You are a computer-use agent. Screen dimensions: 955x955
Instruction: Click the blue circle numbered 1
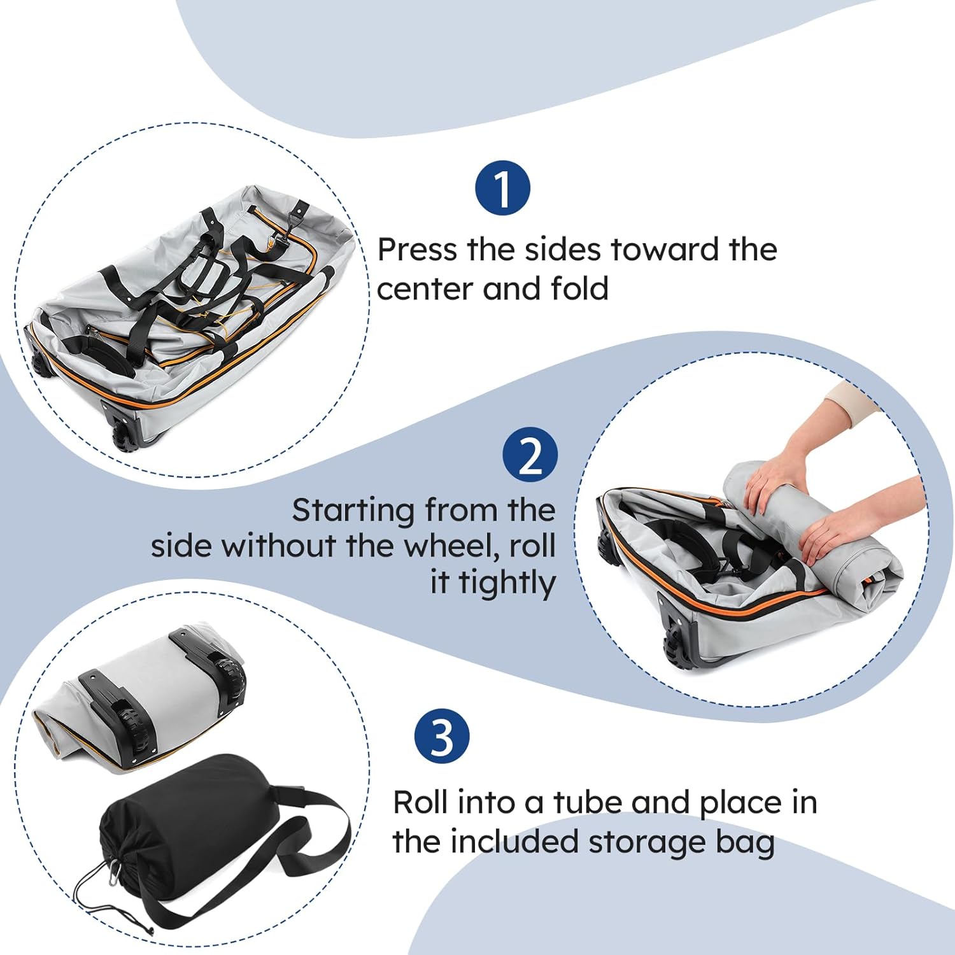pyautogui.click(x=502, y=188)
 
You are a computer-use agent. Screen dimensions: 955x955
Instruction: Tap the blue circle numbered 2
pyautogui.click(x=530, y=455)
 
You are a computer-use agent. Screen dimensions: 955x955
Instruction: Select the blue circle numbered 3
pyautogui.click(x=442, y=737)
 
